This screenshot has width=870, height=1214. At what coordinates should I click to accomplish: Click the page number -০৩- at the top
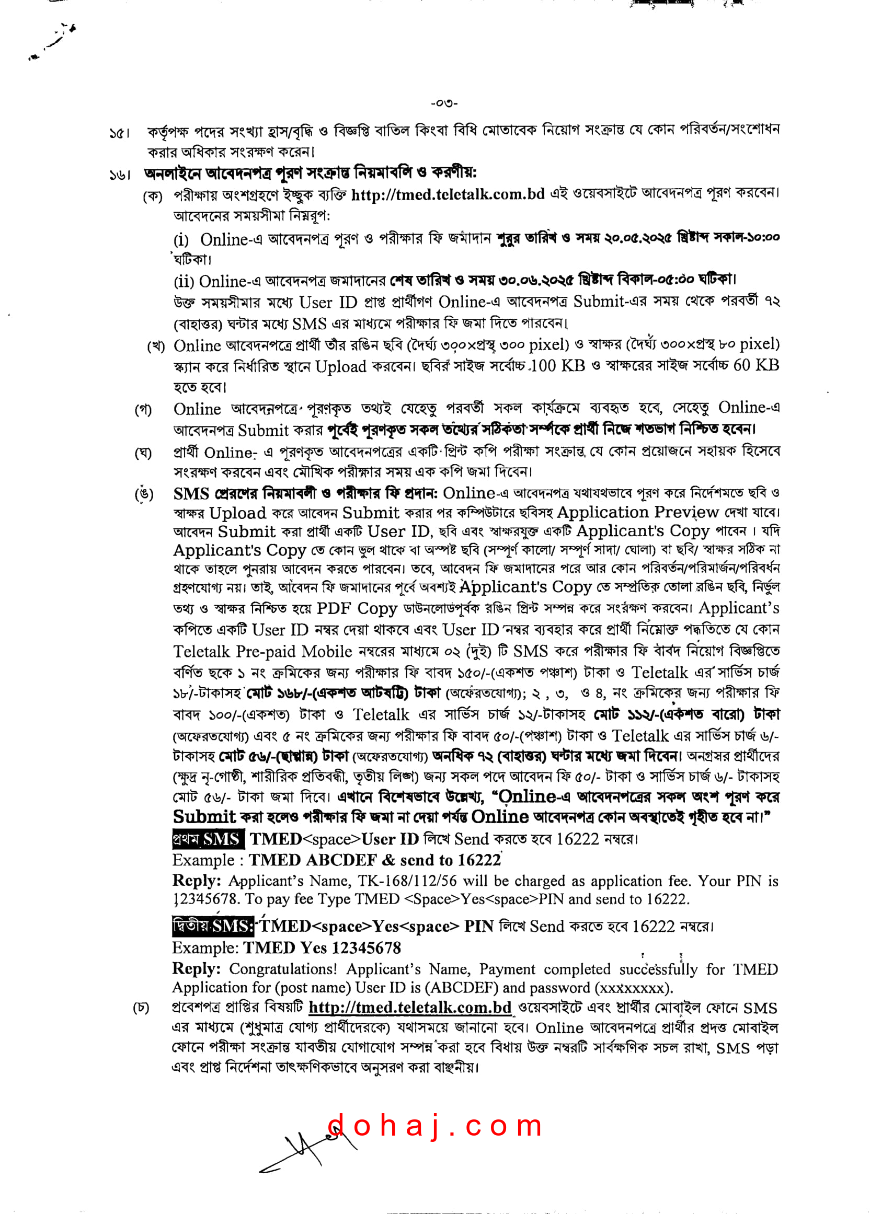click(x=444, y=103)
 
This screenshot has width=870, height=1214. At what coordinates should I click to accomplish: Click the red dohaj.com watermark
click(x=434, y=1125)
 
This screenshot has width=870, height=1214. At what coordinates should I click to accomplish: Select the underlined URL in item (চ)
click(x=410, y=1008)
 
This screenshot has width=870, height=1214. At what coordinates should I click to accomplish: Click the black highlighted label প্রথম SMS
click(x=208, y=839)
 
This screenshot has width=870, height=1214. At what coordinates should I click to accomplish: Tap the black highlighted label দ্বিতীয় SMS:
click(x=213, y=926)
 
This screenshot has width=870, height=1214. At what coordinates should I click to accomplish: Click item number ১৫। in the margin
click(x=119, y=132)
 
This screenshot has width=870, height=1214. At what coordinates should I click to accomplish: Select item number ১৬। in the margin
click(x=119, y=175)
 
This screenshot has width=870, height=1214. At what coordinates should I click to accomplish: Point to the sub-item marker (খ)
click(x=156, y=346)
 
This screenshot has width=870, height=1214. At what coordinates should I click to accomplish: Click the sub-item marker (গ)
click(x=143, y=410)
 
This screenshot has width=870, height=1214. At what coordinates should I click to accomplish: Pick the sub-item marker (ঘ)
click(x=143, y=454)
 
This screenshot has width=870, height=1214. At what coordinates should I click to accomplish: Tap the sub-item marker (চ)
click(x=141, y=1009)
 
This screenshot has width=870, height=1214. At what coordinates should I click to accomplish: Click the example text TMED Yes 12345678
click(x=322, y=948)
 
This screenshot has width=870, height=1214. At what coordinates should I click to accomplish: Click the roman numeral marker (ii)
click(x=184, y=282)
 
